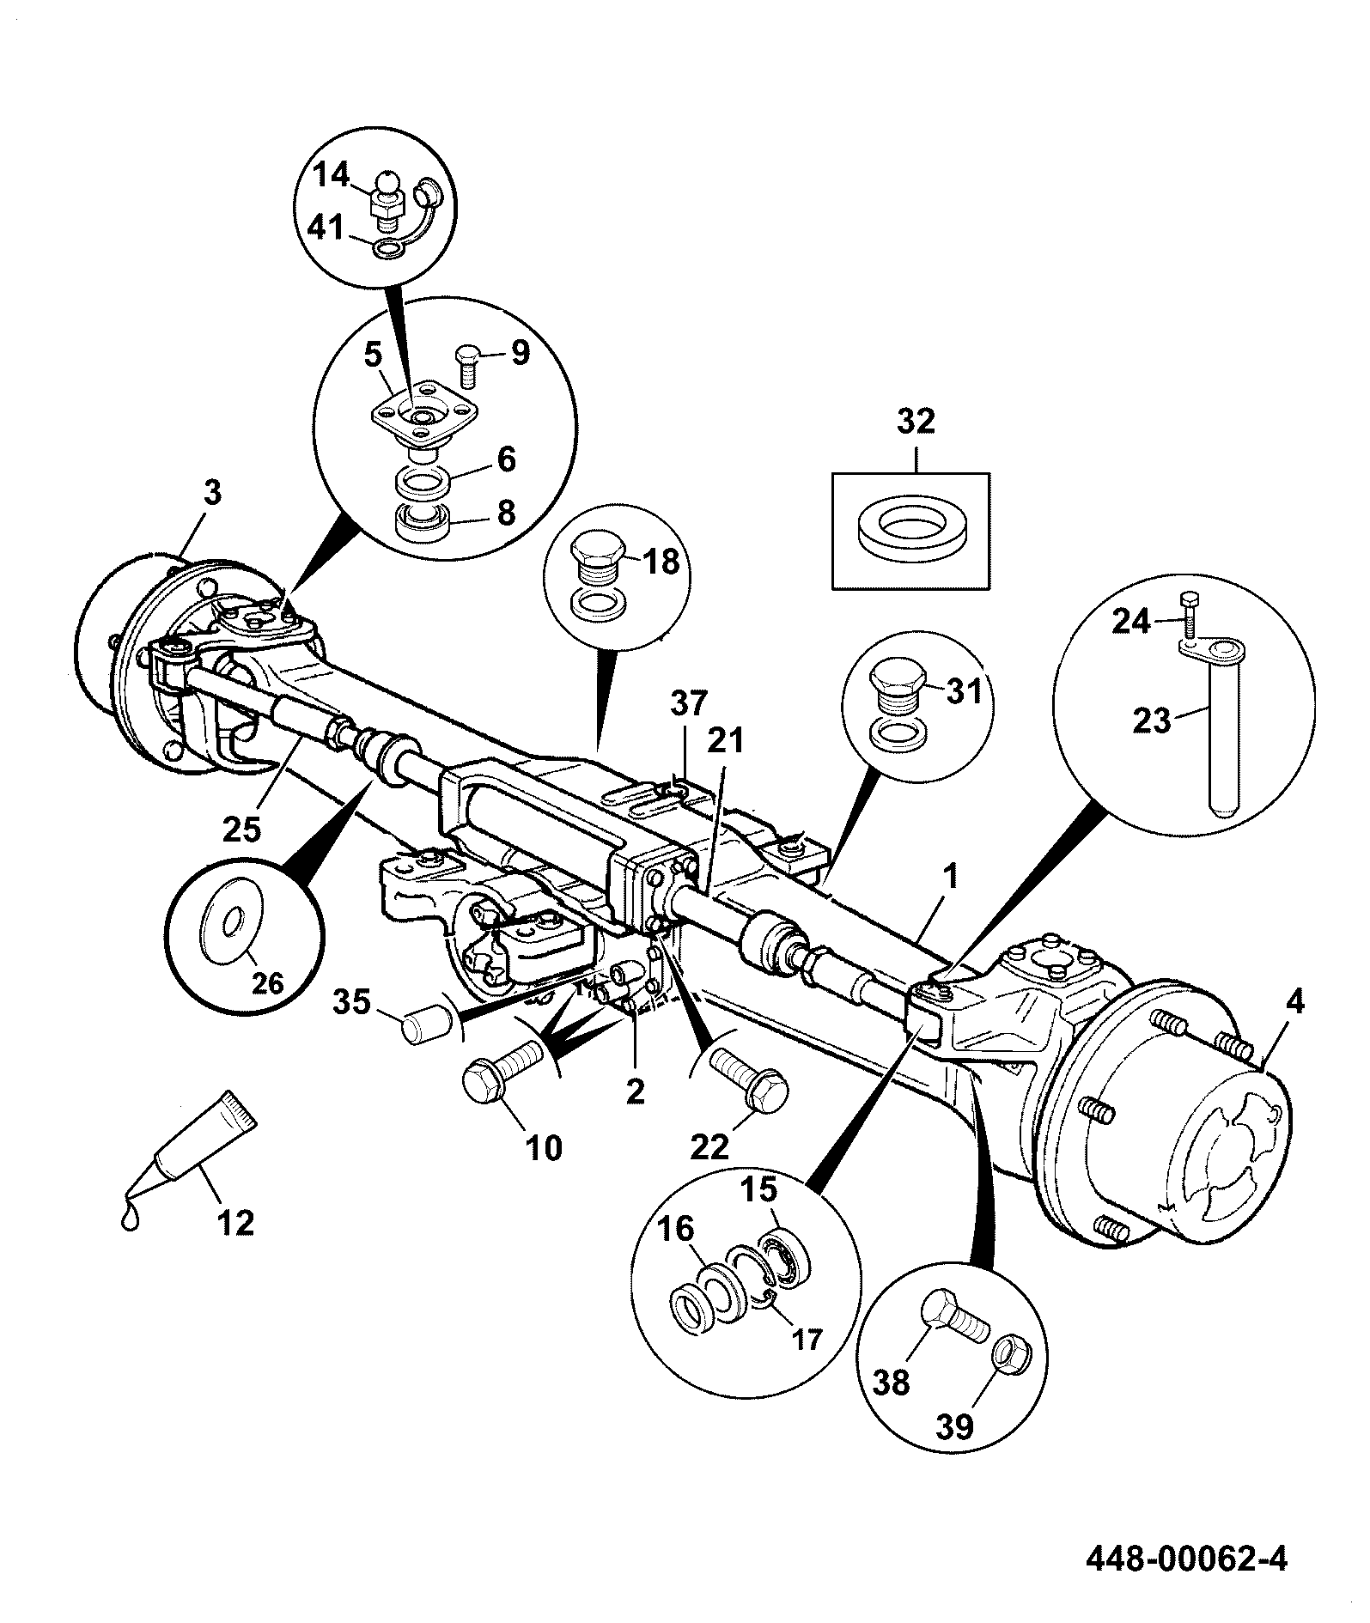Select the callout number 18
click(x=661, y=562)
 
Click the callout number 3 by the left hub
click(x=212, y=493)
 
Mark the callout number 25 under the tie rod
click(x=241, y=829)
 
